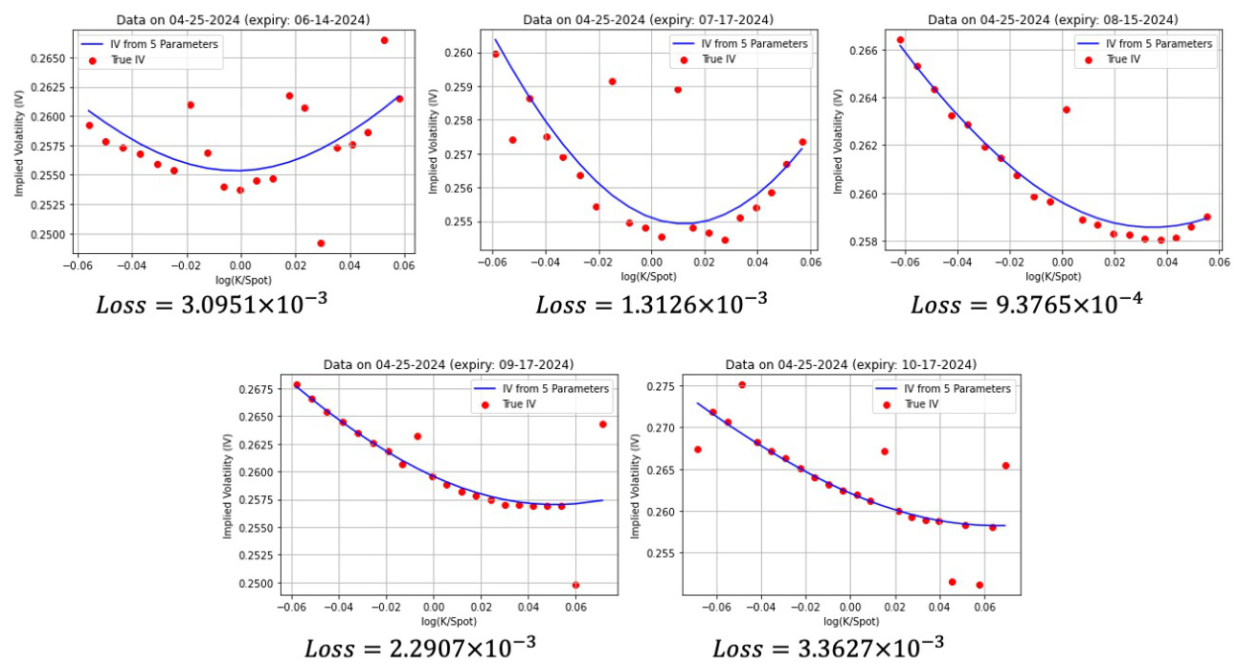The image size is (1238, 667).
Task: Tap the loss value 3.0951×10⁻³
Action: click(214, 305)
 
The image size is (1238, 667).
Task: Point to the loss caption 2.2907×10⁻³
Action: click(420, 648)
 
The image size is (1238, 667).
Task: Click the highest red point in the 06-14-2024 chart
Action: click(384, 40)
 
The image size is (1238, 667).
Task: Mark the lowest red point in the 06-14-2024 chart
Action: click(321, 243)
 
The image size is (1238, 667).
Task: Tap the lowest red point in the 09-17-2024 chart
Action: click(575, 585)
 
